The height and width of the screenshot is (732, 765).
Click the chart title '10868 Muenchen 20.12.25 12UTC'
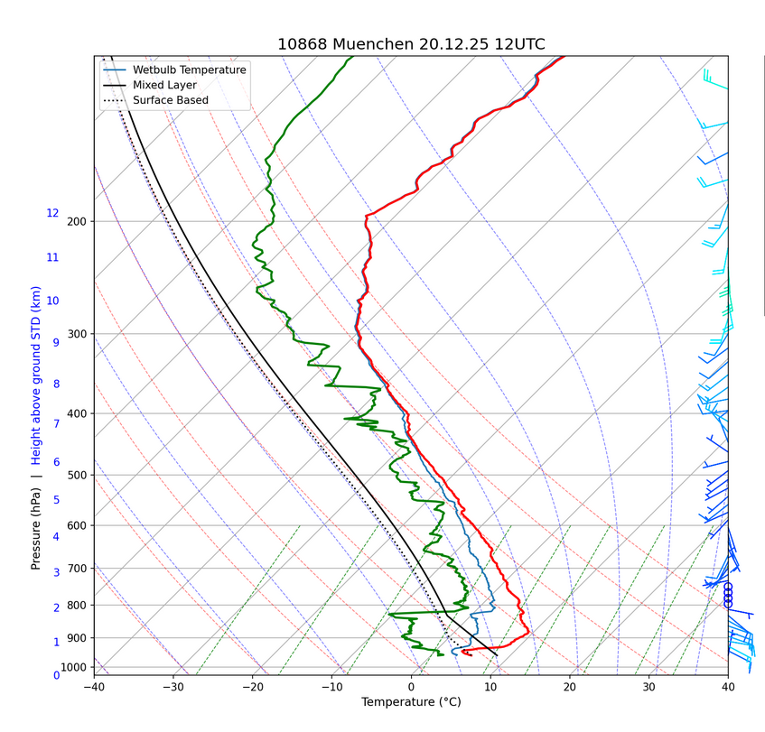click(411, 44)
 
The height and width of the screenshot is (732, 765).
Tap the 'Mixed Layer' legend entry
click(164, 85)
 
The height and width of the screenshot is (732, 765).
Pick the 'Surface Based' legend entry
click(170, 100)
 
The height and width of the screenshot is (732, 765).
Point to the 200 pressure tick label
click(76, 222)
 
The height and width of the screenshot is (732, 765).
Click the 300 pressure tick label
click(76, 335)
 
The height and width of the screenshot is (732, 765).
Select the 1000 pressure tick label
click(73, 667)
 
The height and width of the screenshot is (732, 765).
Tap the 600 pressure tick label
click(76, 526)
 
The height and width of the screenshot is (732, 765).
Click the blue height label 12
click(52, 214)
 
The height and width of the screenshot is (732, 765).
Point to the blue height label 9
click(56, 343)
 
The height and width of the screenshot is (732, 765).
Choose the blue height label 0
click(56, 675)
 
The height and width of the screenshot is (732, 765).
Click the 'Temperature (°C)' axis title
click(411, 702)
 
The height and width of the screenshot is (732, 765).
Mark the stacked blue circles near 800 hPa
click(728, 595)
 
